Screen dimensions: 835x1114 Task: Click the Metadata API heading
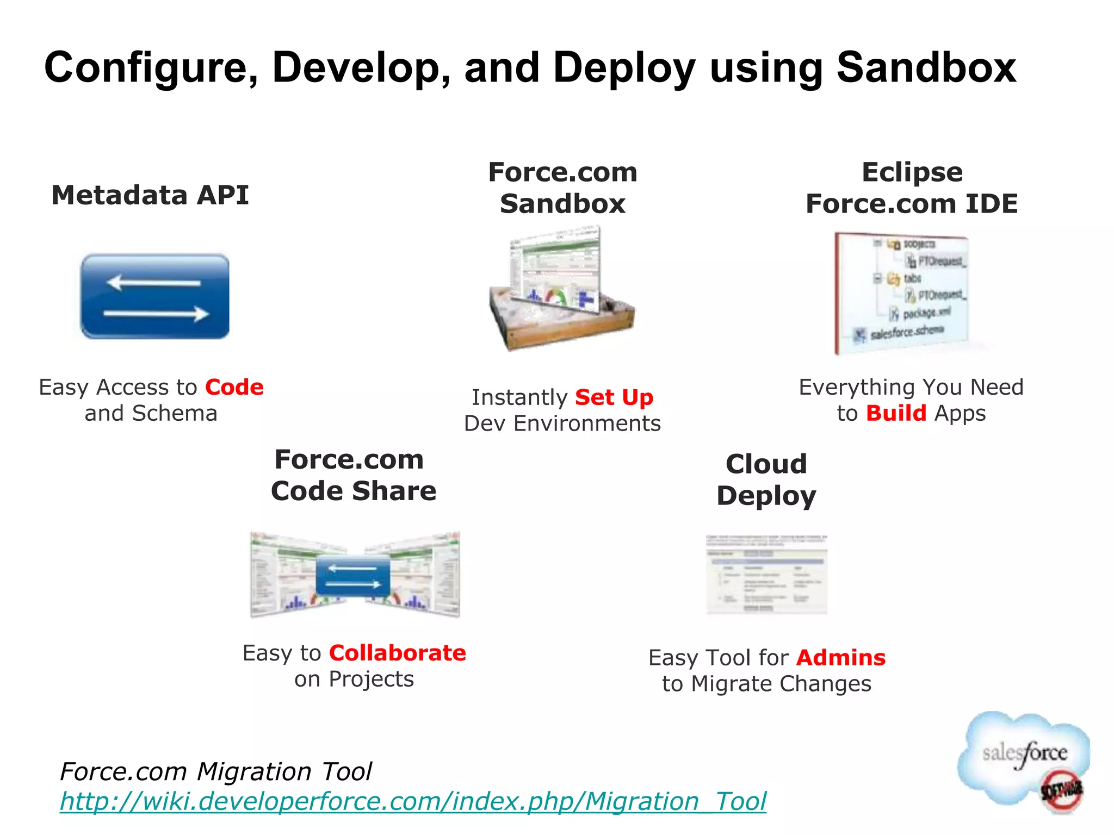(150, 195)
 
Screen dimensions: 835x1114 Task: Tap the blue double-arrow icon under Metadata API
(155, 297)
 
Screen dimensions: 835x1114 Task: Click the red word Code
(234, 388)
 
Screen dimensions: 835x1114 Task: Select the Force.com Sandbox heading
(562, 188)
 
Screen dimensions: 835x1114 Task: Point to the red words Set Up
(614, 397)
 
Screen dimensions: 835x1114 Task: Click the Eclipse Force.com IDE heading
(912, 188)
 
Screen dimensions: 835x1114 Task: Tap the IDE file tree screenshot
(903, 294)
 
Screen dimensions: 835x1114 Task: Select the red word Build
(896, 413)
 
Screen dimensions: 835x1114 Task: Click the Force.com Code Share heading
(354, 475)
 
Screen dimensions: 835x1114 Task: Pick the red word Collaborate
(397, 653)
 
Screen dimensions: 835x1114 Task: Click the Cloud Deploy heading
(766, 479)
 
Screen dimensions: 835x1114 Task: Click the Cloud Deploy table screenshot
(766, 574)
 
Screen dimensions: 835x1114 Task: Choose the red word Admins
(840, 658)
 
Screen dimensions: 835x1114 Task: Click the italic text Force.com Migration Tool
(216, 771)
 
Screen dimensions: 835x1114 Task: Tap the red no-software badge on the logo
(1061, 791)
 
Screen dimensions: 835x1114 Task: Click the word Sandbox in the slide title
(926, 67)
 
